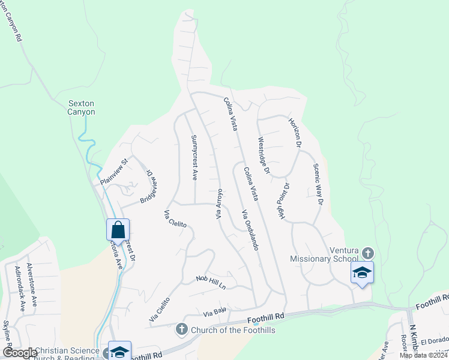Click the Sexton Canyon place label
(82, 107)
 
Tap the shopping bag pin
(118, 230)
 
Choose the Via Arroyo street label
(220, 203)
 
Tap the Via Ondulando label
(250, 230)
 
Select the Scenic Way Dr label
(318, 185)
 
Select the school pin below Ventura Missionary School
(362, 272)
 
